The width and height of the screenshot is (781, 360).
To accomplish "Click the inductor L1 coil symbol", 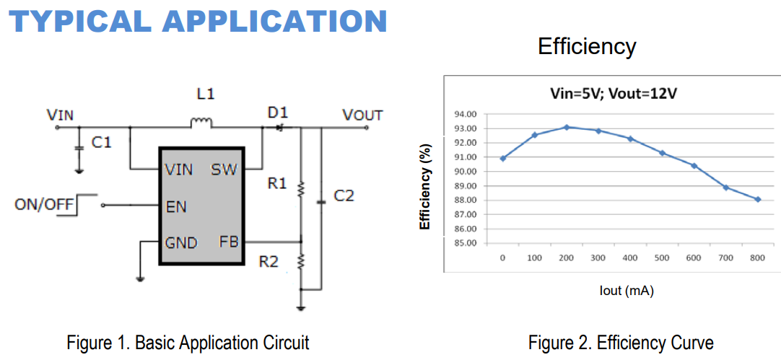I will tap(201, 123).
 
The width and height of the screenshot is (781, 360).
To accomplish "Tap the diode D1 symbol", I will tap(278, 128).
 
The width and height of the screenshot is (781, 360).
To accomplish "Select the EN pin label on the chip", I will tap(176, 207).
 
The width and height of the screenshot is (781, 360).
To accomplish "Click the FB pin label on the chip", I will tap(229, 242).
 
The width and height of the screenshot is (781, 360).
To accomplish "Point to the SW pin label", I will tap(224, 170).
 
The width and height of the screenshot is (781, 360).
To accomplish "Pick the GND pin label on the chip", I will tap(181, 243).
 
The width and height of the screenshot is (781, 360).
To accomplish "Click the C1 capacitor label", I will tap(102, 143).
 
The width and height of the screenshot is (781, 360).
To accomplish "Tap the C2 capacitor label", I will tap(344, 196).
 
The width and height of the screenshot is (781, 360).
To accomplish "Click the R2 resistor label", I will tap(269, 261).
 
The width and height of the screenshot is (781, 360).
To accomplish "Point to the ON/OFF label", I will tap(45, 205).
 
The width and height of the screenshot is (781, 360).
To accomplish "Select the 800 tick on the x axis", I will tap(757, 258).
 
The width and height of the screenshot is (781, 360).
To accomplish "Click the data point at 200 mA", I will tap(567, 127).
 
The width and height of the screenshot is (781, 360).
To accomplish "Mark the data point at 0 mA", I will tap(502, 158).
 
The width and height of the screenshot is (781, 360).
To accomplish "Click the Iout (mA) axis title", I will tap(627, 291).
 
